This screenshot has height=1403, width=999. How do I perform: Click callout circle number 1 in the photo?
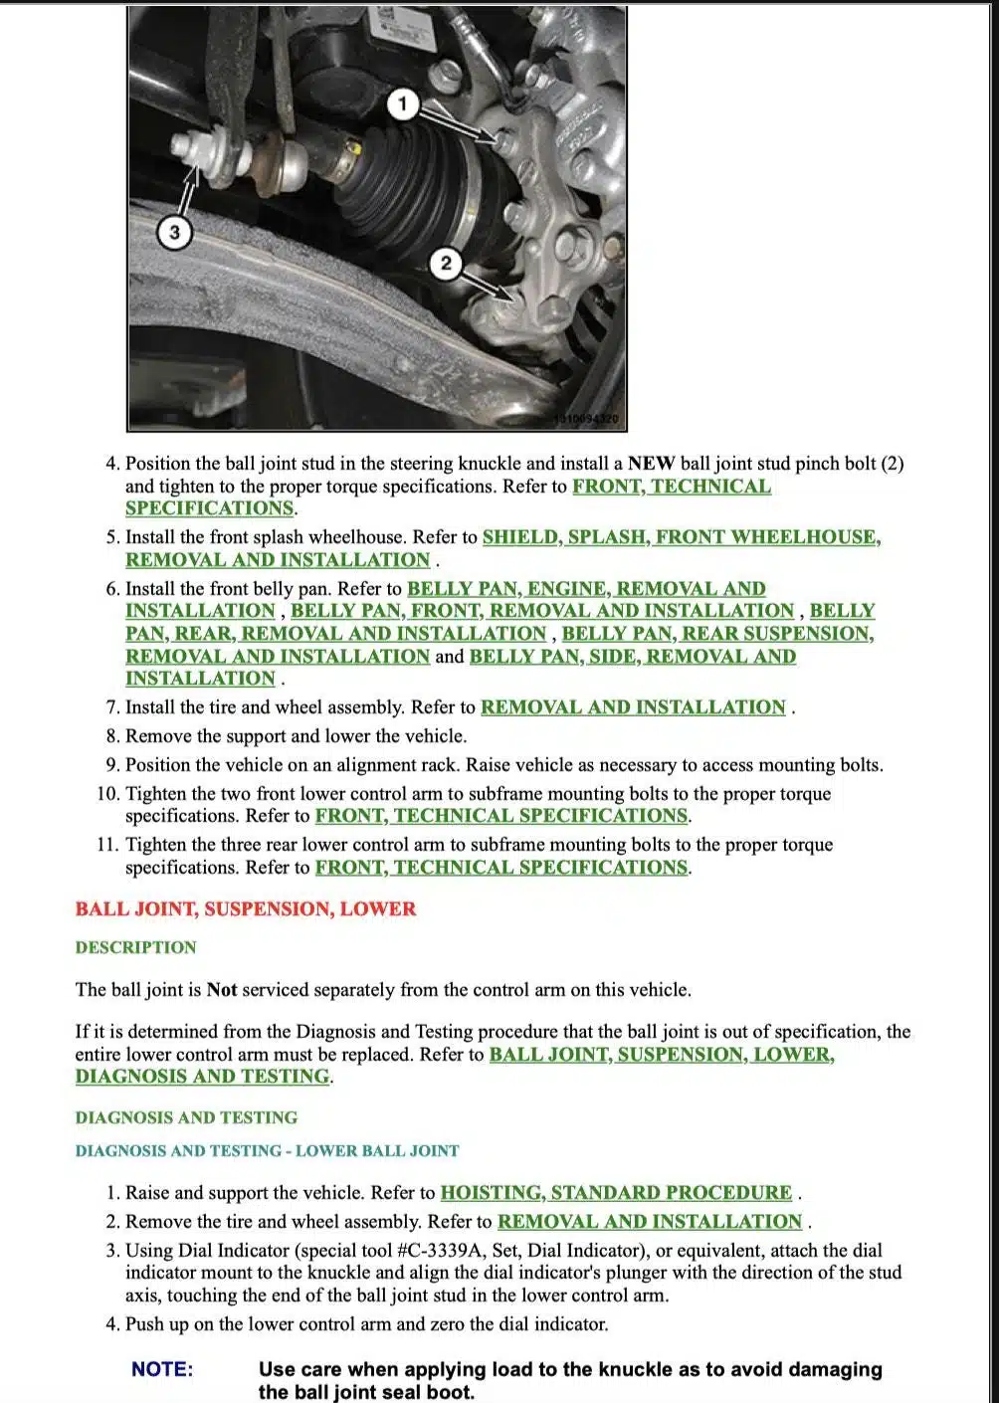pyautogui.click(x=402, y=103)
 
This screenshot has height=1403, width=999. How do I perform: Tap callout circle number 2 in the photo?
pyautogui.click(x=446, y=263)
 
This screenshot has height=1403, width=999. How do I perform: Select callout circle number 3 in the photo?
pyautogui.click(x=175, y=233)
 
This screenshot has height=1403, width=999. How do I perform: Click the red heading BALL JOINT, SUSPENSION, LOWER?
pyautogui.click(x=246, y=908)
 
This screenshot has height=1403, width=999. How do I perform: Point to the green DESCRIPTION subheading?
pyautogui.click(x=136, y=947)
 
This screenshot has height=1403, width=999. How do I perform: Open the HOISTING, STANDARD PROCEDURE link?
pyautogui.click(x=616, y=1192)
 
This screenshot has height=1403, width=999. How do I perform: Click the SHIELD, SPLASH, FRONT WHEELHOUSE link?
pyautogui.click(x=682, y=537)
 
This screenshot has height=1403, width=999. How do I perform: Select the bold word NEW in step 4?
pyautogui.click(x=652, y=463)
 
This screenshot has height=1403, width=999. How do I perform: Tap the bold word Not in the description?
pyautogui.click(x=222, y=990)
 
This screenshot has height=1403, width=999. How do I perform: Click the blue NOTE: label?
pyautogui.click(x=162, y=1369)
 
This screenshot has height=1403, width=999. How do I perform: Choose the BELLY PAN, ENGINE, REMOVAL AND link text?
pyautogui.click(x=586, y=589)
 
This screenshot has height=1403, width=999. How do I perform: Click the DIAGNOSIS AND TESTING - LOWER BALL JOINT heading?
pyautogui.click(x=268, y=1150)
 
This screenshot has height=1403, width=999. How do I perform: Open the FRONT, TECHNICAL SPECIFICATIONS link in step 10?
pyautogui.click(x=501, y=816)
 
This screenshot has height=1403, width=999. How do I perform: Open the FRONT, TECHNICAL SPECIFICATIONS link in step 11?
pyautogui.click(x=501, y=868)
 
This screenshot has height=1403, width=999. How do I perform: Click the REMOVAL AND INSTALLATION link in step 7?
pyautogui.click(x=633, y=707)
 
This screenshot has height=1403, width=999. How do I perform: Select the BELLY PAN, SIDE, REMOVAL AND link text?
pyautogui.click(x=633, y=657)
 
